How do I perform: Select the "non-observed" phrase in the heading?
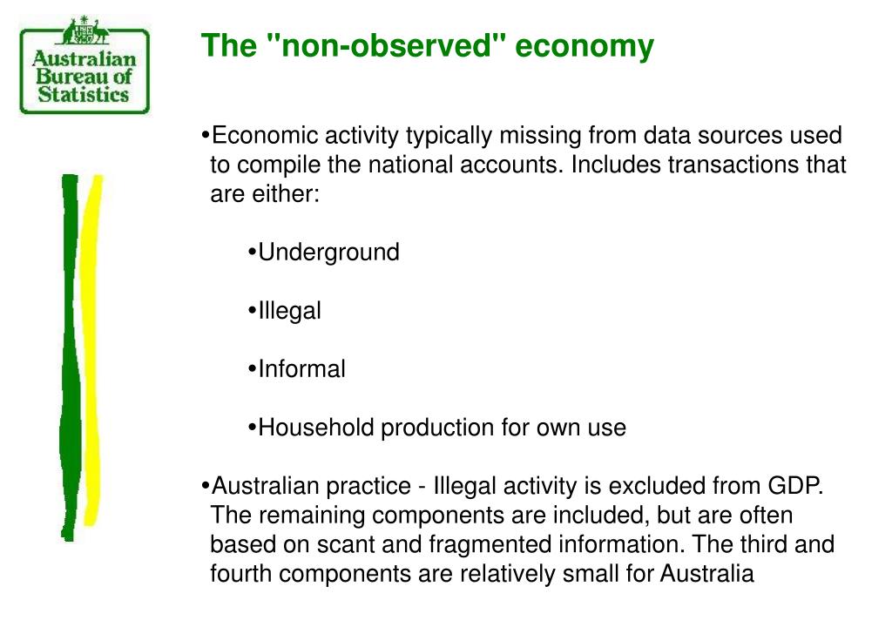pyautogui.click(x=384, y=46)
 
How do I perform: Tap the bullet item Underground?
pyautogui.click(x=328, y=253)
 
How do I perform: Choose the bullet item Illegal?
pyautogui.click(x=289, y=311)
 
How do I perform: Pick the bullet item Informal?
pyautogui.click(x=301, y=369)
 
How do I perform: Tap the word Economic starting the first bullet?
pyautogui.click(x=266, y=136)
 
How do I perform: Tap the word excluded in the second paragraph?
pyautogui.click(x=658, y=486)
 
